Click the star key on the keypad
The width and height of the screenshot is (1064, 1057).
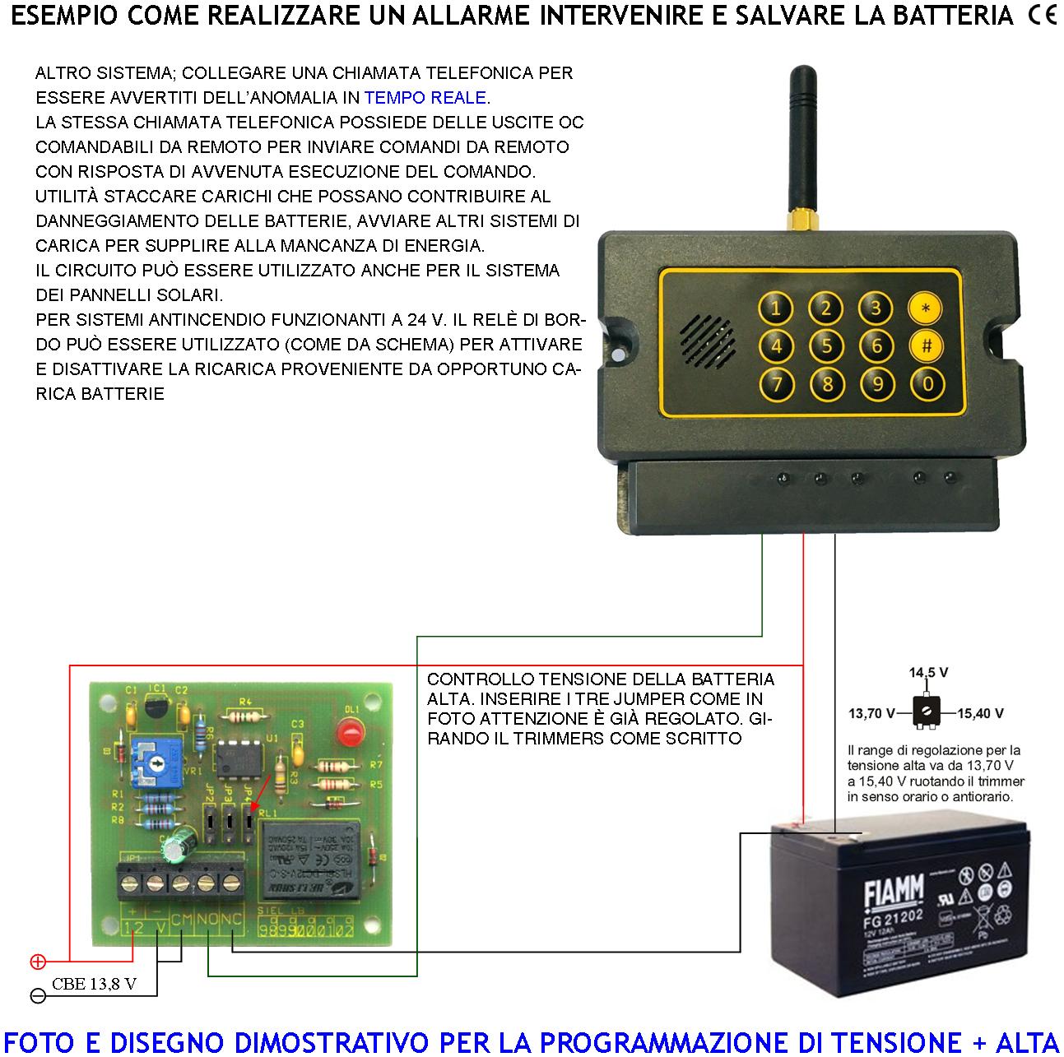point(926,308)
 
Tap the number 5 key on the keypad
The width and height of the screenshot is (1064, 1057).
point(826,346)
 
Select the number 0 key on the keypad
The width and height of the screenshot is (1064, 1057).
point(927,382)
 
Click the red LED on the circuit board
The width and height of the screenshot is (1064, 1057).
point(351,730)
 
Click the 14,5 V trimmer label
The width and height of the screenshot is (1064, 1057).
point(928,673)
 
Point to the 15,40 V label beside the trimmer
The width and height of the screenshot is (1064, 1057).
point(980,713)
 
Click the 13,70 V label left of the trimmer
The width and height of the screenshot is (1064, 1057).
point(871,713)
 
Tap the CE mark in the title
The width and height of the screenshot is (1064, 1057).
point(1043,16)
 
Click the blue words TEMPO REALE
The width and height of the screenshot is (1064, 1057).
point(425,98)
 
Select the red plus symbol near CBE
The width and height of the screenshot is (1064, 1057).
point(37,961)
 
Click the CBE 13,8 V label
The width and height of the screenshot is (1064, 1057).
point(93,984)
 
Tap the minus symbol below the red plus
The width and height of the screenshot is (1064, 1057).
point(37,995)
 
